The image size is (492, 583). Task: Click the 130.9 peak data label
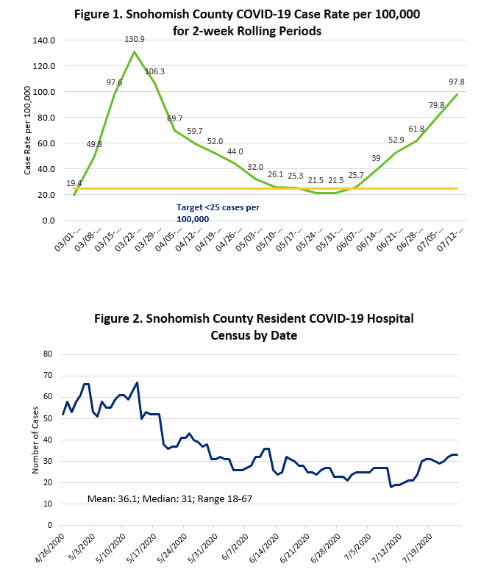(134, 39)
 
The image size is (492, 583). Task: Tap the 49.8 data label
(94, 144)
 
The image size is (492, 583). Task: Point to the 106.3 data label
(154, 71)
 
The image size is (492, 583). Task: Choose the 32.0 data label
(254, 167)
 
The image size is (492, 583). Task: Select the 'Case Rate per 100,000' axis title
(27, 130)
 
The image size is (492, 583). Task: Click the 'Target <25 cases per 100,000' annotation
(218, 213)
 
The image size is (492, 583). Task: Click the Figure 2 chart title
(254, 326)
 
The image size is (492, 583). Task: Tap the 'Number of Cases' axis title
(35, 440)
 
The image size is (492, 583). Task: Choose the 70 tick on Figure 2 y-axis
(49, 375)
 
